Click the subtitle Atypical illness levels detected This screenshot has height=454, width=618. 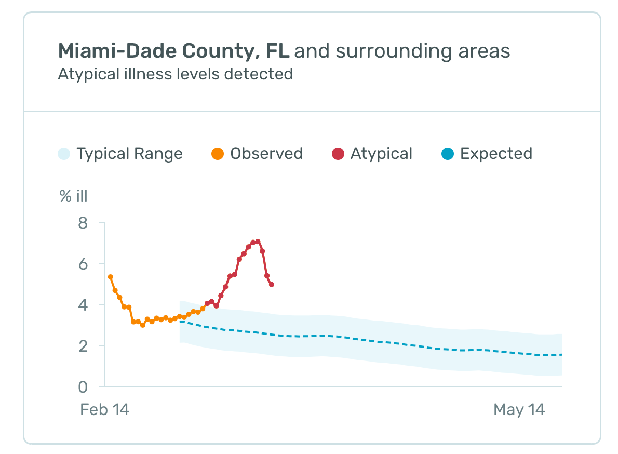pos(175,74)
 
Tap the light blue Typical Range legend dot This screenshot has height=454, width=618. pos(63,154)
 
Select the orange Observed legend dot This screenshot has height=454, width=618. pos(218,154)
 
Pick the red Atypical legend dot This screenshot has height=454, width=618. pos(338,154)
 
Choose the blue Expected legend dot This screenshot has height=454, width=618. pos(448,154)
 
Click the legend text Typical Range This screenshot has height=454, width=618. pos(129,154)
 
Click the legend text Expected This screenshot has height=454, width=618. pos(496,154)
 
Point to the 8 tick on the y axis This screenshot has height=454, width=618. pos(83,223)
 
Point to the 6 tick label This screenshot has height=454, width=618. pos(83,264)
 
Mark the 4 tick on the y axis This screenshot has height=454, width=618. pos(83,305)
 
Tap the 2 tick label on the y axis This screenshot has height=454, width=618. pos(83,346)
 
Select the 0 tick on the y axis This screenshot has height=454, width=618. pos(83,387)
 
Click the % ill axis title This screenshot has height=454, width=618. pos(73,196)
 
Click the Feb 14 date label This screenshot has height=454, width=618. pos(104,410)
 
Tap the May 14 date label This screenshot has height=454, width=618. pos(519,410)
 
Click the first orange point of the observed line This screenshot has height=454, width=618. pos(110,277)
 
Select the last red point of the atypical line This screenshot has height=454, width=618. pos(272,285)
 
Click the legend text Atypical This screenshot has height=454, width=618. pos(381,154)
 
